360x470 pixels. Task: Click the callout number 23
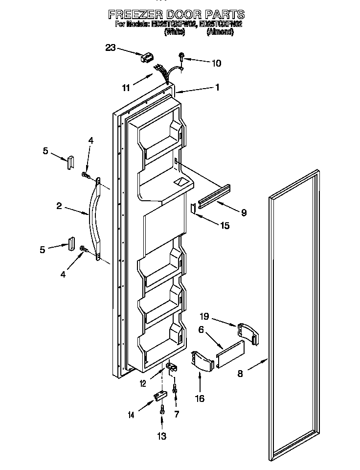click(x=111, y=47)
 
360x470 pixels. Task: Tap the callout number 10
click(x=216, y=63)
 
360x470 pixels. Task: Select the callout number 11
click(x=126, y=88)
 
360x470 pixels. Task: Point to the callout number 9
click(x=243, y=212)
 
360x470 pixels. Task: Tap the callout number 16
click(x=199, y=399)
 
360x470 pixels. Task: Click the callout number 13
click(x=161, y=436)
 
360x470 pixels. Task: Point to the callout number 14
click(x=131, y=415)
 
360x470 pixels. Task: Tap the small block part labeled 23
click(x=146, y=58)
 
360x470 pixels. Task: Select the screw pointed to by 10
click(x=181, y=58)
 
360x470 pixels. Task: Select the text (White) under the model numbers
click(x=175, y=32)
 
